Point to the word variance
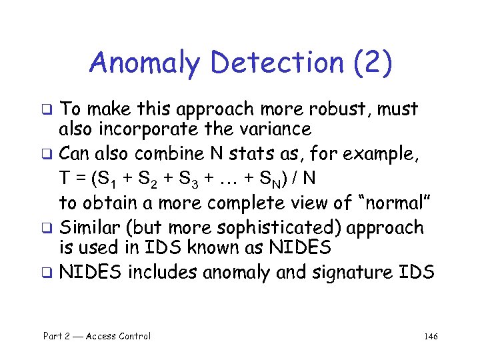pyautogui.click(x=275, y=129)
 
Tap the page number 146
pyautogui.click(x=430, y=336)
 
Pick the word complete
pyautogui.click(x=260, y=202)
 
